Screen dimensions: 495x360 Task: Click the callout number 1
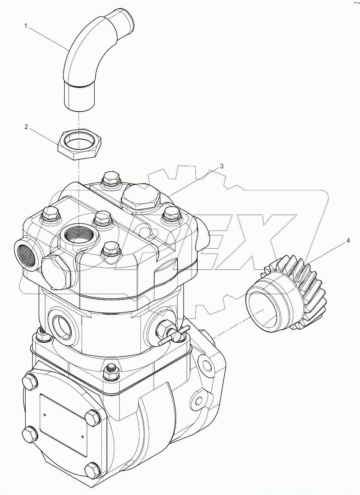tap(26, 25)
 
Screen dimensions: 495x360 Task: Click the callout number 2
tap(26, 127)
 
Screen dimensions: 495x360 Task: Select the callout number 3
tap(221, 166)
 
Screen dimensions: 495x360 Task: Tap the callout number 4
tap(348, 241)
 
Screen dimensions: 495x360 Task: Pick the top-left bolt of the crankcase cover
tap(29, 382)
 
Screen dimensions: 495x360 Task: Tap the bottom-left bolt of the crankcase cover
tap(29, 433)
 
